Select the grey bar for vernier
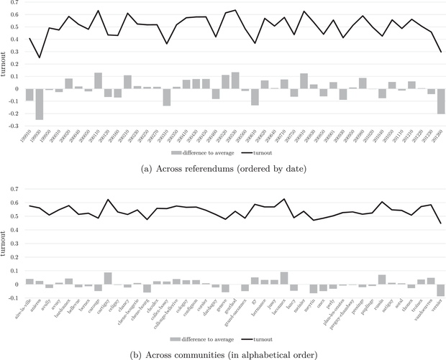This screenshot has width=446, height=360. [x=440, y=290]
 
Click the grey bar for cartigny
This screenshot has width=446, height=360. [x=108, y=278]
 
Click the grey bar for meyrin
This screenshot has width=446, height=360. [x=313, y=289]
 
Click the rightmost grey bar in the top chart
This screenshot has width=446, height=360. [x=440, y=101]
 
